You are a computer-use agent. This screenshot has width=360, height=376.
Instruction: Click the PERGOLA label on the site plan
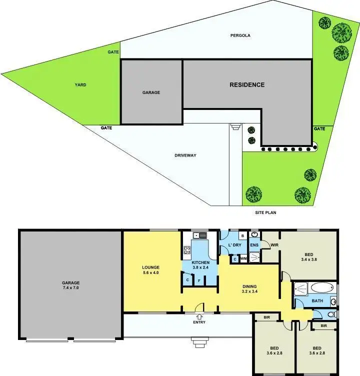pos(240,35)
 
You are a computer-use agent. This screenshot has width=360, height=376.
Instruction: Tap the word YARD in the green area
pos(80,85)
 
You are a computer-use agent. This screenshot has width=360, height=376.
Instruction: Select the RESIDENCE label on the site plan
pos(247,85)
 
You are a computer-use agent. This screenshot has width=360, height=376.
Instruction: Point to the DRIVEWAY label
pos(185,155)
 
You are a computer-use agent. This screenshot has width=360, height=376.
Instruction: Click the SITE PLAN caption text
pos(265,212)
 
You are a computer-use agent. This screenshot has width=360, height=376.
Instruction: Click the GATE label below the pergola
pos(113,52)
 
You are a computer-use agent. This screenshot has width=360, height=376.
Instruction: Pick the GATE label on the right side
pos(319,128)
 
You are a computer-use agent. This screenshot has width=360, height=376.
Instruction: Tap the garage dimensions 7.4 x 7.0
pos(71,288)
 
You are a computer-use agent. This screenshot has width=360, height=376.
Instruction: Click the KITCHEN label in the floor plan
pos(200,262)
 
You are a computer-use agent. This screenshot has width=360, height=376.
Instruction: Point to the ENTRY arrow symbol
pos(199,316)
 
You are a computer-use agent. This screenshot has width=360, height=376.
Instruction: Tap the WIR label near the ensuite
pos(274,245)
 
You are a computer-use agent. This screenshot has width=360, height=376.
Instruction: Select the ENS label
pos(254,245)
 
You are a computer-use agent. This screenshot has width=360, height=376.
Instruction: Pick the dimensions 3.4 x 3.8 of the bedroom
pos(308,259)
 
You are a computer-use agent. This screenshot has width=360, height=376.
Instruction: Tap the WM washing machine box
pos(243,259)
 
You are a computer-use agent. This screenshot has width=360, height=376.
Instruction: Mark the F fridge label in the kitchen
pos(199,280)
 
